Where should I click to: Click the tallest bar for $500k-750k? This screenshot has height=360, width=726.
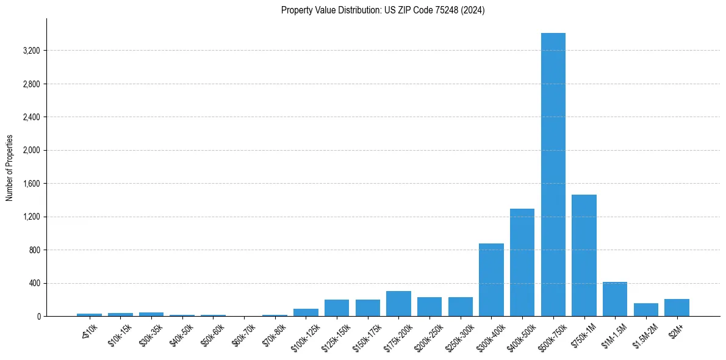pyautogui.click(x=553, y=175)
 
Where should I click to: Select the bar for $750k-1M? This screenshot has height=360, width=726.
pyautogui.click(x=584, y=255)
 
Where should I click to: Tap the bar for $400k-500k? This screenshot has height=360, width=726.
pyautogui.click(x=522, y=262)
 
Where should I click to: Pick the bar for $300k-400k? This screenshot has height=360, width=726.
pyautogui.click(x=491, y=279)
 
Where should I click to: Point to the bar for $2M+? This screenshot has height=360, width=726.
pyautogui.click(x=677, y=308)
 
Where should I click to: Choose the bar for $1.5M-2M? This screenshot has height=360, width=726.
pyautogui.click(x=645, y=309)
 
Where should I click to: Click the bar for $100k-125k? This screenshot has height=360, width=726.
pyautogui.click(x=306, y=312)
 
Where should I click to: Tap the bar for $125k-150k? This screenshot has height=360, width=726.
pyautogui.click(x=337, y=308)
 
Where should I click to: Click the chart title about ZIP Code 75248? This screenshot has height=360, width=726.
pyautogui.click(x=383, y=10)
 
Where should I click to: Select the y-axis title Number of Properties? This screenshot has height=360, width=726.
pyautogui.click(x=10, y=168)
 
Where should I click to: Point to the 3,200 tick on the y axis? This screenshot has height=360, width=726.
pyautogui.click(x=31, y=51)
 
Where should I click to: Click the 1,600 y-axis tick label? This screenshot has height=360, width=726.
pyautogui.click(x=31, y=184)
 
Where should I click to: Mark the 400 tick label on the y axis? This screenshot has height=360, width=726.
pyautogui.click(x=34, y=283)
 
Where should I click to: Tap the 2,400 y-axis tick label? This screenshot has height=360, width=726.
pyautogui.click(x=31, y=117)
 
